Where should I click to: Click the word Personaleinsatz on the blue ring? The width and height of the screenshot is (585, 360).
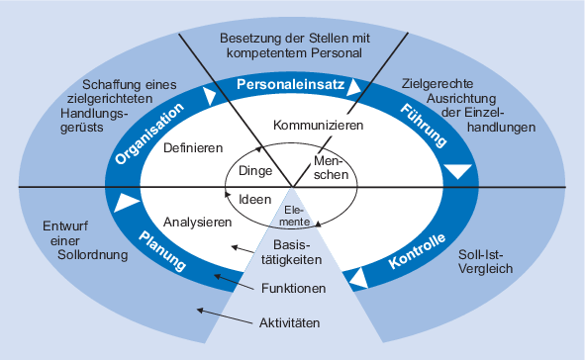pyautogui.click(x=291, y=86)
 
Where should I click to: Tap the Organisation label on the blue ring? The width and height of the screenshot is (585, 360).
pyautogui.click(x=149, y=134)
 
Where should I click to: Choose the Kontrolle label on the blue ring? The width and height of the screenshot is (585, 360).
pyautogui.click(x=417, y=252)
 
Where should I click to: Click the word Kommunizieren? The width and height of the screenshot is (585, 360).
pyautogui.click(x=317, y=127)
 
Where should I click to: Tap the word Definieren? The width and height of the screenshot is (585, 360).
pyautogui.click(x=193, y=147)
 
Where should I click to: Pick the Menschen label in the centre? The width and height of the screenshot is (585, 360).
pyautogui.click(x=332, y=168)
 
